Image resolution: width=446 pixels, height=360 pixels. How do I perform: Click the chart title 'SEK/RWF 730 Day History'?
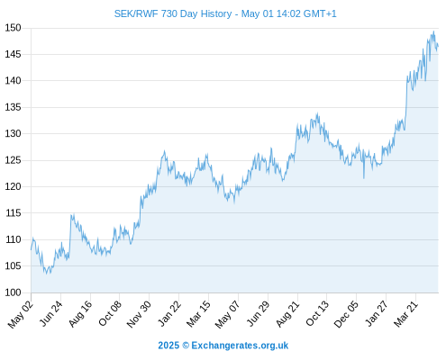click(173, 13)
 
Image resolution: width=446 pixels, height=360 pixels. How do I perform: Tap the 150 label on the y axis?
click(13, 28)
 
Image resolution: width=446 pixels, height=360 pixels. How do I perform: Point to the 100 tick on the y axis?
click(13, 292)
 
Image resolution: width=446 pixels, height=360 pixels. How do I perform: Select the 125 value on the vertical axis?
click(13, 160)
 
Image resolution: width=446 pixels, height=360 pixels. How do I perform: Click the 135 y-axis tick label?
click(13, 107)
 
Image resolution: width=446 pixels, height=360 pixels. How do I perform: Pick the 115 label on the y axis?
click(14, 213)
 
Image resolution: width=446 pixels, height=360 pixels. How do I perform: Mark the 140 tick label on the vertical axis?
click(13, 81)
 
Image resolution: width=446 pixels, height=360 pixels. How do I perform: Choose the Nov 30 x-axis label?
click(139, 314)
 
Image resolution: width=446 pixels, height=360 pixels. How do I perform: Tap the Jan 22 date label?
click(169, 313)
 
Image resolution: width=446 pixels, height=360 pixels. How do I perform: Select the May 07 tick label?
click(228, 314)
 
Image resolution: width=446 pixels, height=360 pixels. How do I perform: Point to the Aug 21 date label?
click(287, 314)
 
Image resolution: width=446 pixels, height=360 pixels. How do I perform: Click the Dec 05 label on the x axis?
click(346, 314)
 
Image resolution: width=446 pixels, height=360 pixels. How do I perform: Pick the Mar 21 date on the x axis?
click(406, 313)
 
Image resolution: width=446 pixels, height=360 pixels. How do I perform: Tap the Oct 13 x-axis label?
click(317, 313)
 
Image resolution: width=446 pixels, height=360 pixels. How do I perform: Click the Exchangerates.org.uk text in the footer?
click(240, 346)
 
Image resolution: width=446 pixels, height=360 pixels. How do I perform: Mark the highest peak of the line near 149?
click(433, 31)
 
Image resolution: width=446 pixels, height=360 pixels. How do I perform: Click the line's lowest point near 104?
click(46, 274)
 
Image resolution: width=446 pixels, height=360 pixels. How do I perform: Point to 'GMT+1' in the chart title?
click(320, 13)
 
